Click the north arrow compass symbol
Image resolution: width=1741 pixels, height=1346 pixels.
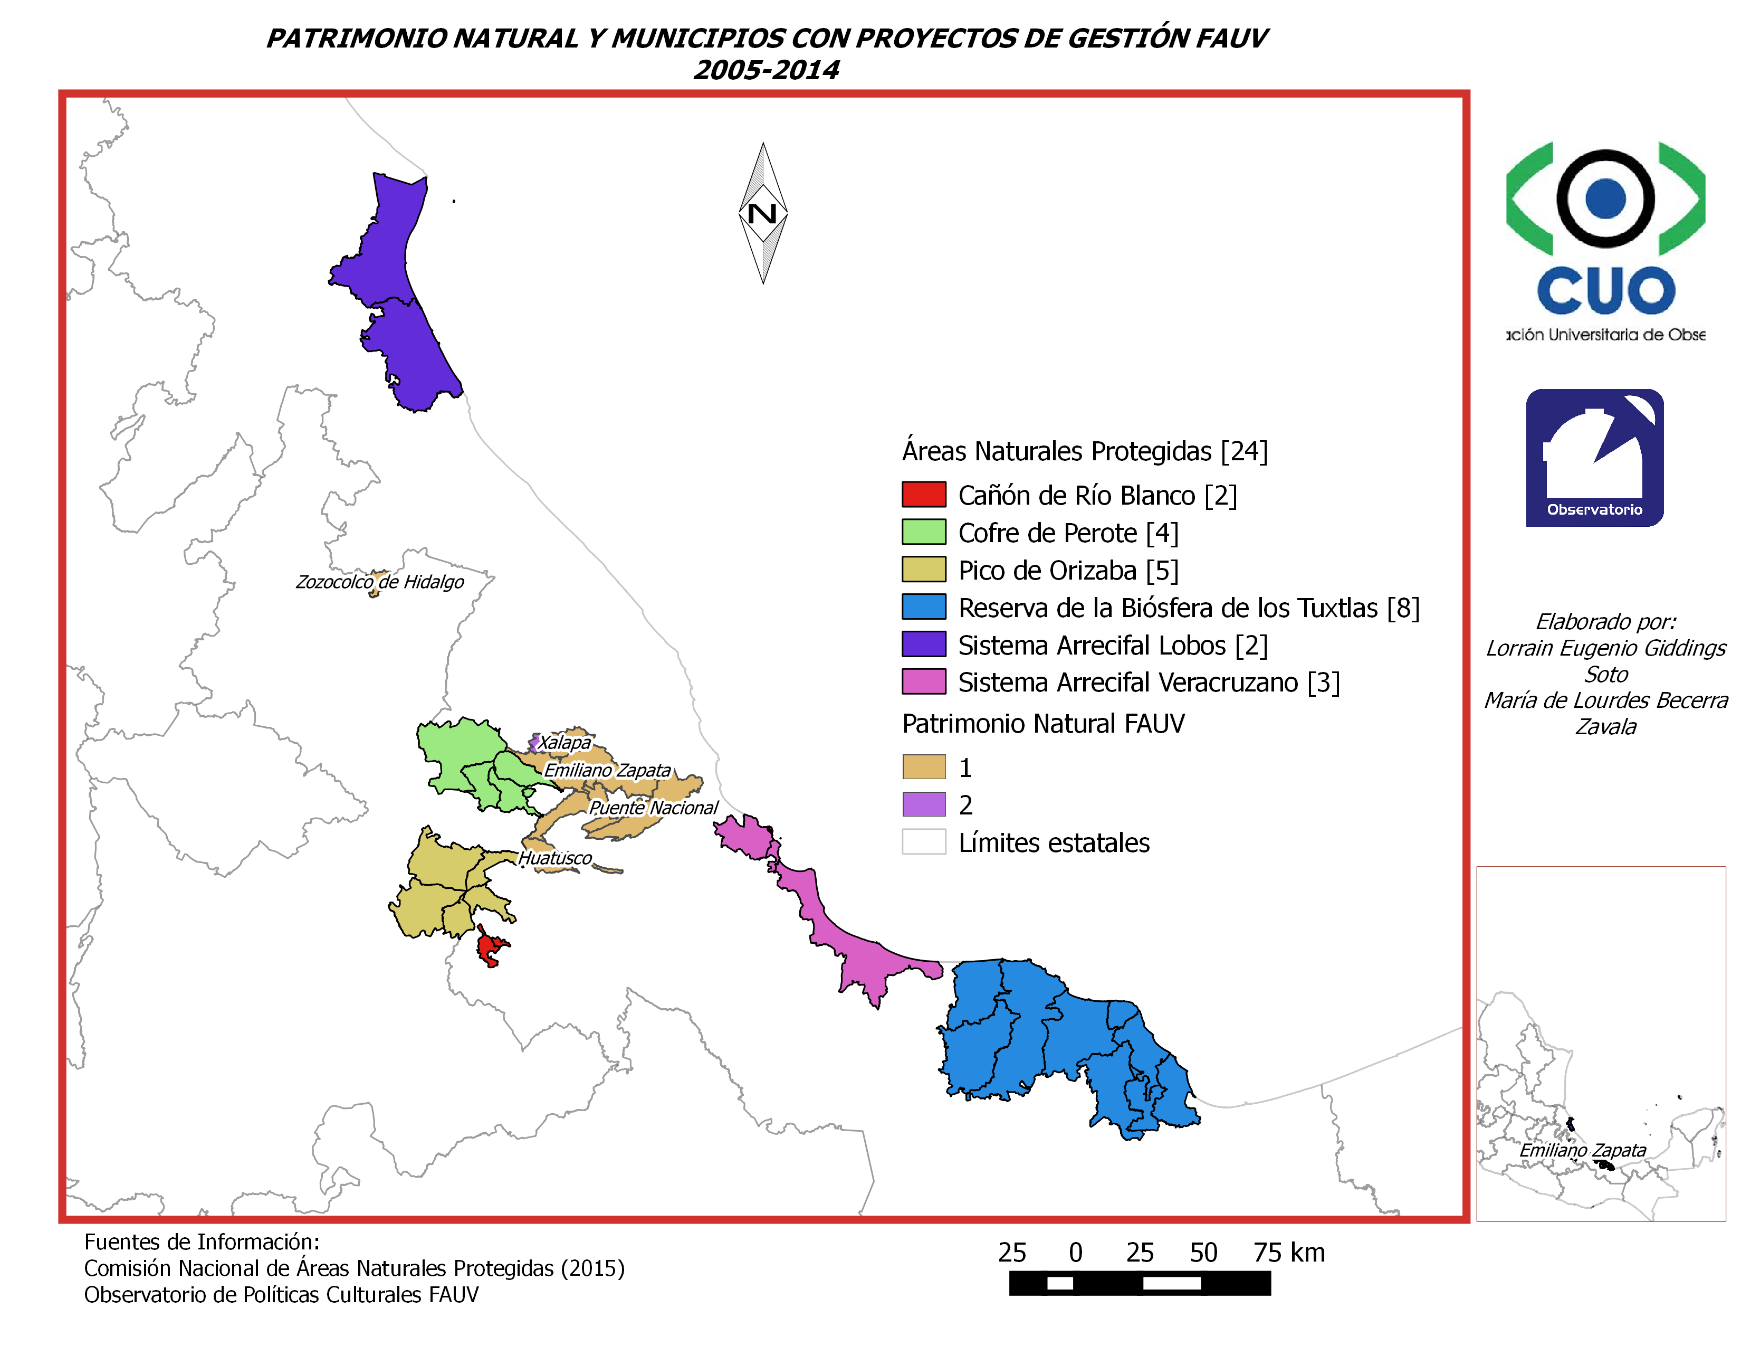tap(763, 213)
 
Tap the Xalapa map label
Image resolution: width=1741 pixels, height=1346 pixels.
tap(565, 742)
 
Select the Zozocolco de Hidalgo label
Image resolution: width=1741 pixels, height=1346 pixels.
tap(379, 582)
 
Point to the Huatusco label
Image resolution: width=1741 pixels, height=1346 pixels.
tap(555, 858)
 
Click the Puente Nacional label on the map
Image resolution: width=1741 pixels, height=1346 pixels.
tap(653, 808)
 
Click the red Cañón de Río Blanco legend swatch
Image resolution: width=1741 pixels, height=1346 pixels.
tap(923, 495)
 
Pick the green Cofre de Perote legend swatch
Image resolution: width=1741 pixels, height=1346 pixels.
tap(923, 532)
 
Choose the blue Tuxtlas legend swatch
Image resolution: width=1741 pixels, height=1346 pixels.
tap(923, 607)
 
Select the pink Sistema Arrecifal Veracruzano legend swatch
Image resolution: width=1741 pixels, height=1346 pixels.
tap(923, 682)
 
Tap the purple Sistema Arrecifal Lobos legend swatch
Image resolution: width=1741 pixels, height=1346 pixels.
tap(923, 644)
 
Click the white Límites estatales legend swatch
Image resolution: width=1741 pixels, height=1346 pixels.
tap(923, 842)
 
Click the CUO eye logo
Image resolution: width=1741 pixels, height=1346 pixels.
tap(1605, 231)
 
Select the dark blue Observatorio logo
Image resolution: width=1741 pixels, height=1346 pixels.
tap(1594, 458)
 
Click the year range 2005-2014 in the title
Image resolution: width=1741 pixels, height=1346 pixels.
tap(766, 70)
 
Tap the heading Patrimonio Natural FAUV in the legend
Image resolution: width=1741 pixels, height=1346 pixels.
tap(1042, 724)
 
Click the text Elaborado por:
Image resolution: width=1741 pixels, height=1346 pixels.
tap(1605, 621)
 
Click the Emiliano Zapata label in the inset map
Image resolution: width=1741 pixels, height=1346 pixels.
tap(1582, 1150)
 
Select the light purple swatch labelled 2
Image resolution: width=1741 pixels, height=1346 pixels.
tap(923, 804)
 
